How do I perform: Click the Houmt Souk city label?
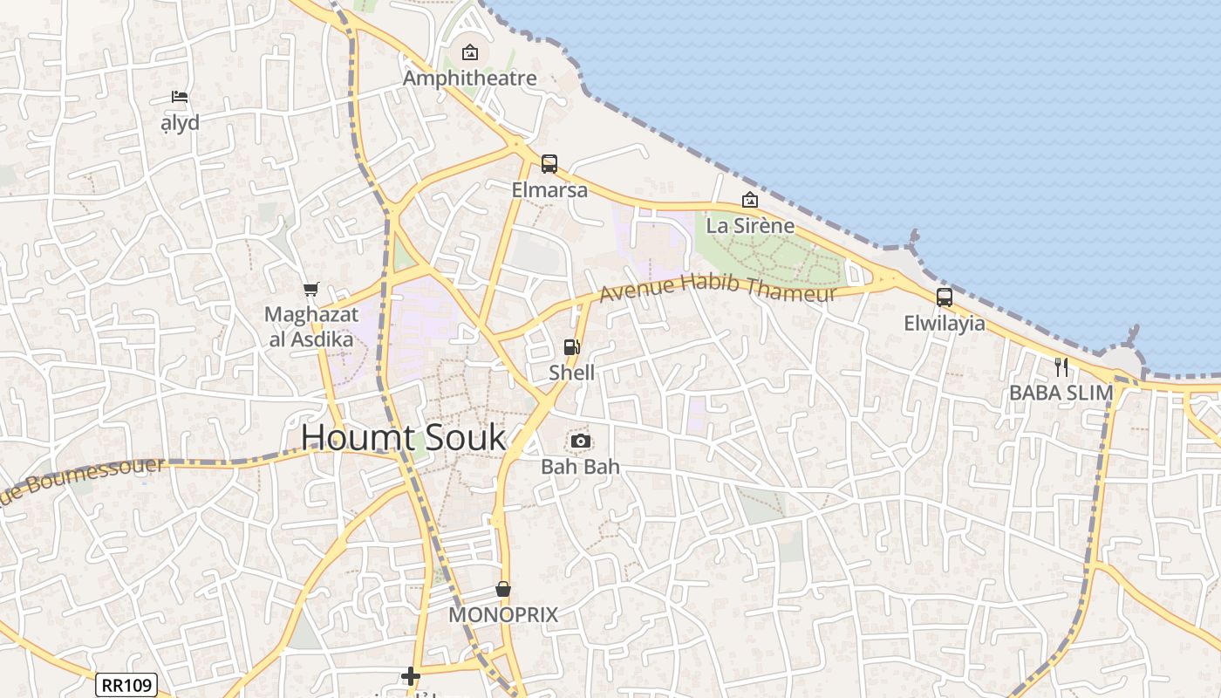click(403, 437)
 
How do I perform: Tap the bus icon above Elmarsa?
click(549, 163)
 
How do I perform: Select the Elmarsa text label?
click(549, 189)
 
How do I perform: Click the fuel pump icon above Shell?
click(571, 347)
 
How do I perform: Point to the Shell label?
click(571, 373)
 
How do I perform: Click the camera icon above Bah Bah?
click(581, 441)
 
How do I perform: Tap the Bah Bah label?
click(580, 467)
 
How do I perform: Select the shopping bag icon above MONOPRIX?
click(503, 589)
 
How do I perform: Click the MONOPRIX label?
click(503, 615)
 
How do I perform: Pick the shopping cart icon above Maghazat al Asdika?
click(310, 289)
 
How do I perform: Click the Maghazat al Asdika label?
click(310, 326)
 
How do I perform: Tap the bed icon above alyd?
click(180, 97)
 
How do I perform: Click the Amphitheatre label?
click(470, 79)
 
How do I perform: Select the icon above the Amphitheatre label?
click(470, 52)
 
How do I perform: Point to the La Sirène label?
click(750, 226)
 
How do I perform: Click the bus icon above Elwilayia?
click(945, 298)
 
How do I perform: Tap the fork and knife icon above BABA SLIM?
click(1061, 367)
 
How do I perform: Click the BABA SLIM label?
click(1061, 393)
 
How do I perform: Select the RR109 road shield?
click(126, 685)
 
